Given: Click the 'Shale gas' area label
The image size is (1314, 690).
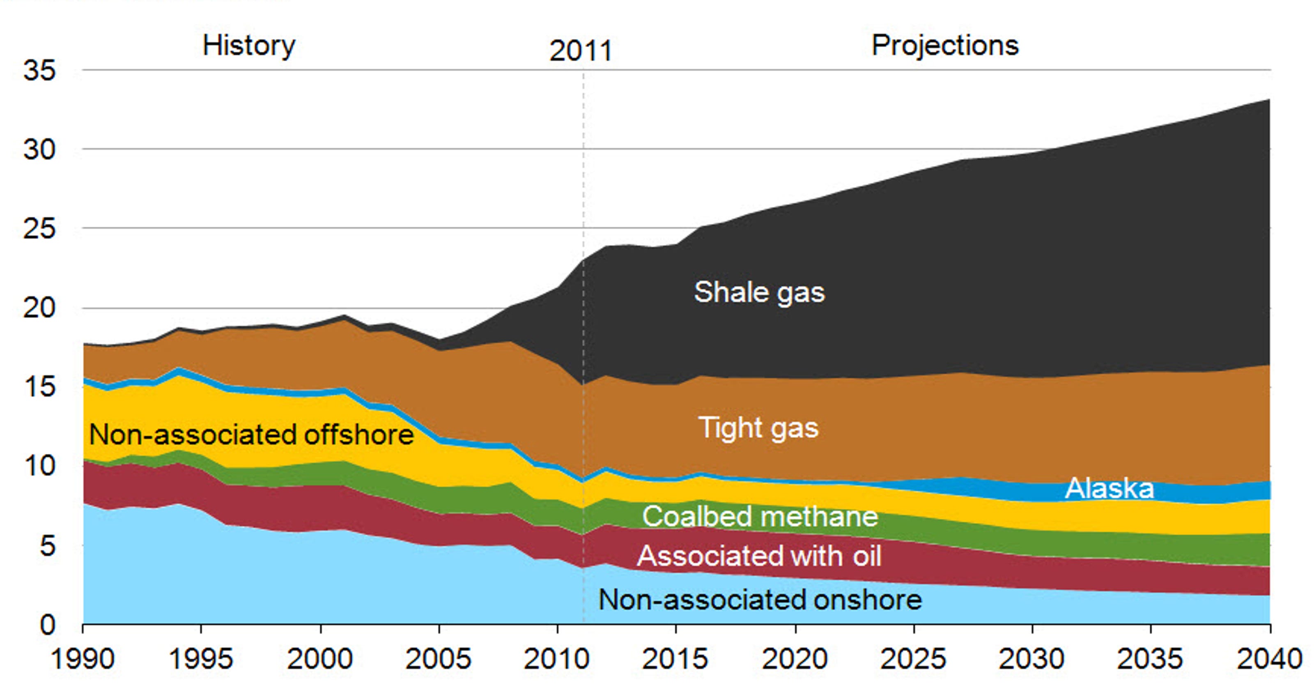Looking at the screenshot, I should [x=759, y=293].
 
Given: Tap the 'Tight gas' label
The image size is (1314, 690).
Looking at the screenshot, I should [x=758, y=428].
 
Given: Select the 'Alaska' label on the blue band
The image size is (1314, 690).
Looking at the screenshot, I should [x=1109, y=488].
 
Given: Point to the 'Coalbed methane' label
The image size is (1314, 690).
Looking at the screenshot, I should [x=760, y=517].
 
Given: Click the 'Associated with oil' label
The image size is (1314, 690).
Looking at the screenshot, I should [x=759, y=556].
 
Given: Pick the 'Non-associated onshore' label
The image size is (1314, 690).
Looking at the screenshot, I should [x=760, y=600].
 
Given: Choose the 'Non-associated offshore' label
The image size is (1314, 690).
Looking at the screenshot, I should [x=251, y=435].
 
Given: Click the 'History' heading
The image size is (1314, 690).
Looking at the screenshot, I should [x=249, y=46].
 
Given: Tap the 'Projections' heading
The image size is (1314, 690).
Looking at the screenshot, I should [x=945, y=46].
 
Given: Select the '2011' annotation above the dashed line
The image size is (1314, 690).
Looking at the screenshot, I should [x=581, y=51].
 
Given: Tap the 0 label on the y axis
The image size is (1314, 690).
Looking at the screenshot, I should [x=47, y=625].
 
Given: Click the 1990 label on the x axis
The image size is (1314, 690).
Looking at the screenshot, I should [x=83, y=659].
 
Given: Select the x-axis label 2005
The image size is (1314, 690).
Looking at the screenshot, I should [x=438, y=659].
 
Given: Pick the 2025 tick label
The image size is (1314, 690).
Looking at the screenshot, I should [x=913, y=659].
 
